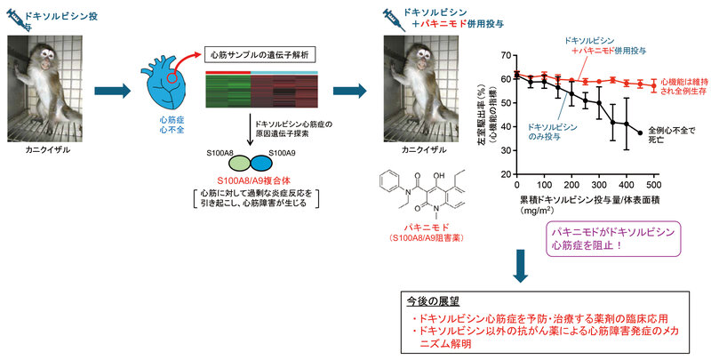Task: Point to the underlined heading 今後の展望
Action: [x=432, y=301]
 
